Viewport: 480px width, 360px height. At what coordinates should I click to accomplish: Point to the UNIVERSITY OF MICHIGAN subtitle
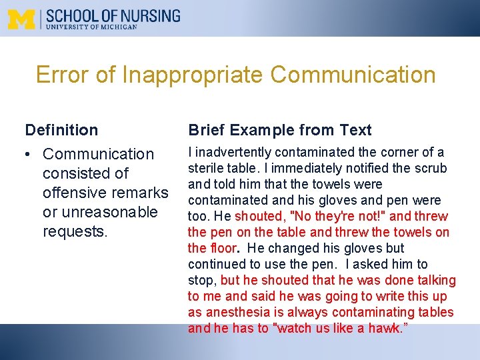91,27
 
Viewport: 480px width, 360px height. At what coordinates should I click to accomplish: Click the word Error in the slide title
63,75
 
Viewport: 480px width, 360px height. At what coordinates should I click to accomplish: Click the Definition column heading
61,130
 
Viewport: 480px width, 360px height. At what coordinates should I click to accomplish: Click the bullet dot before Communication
30,155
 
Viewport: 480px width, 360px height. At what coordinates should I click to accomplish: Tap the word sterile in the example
206,169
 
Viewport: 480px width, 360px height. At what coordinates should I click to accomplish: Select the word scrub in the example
432,169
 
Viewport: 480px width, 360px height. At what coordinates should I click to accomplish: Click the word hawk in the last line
386,329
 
